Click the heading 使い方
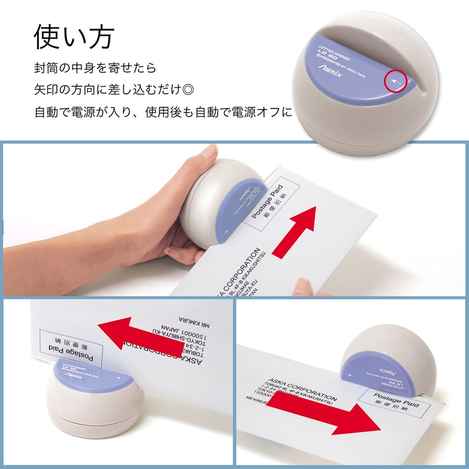[73, 36]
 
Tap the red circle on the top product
[396, 83]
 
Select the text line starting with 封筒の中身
[94, 67]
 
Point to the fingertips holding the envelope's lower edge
[302, 287]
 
